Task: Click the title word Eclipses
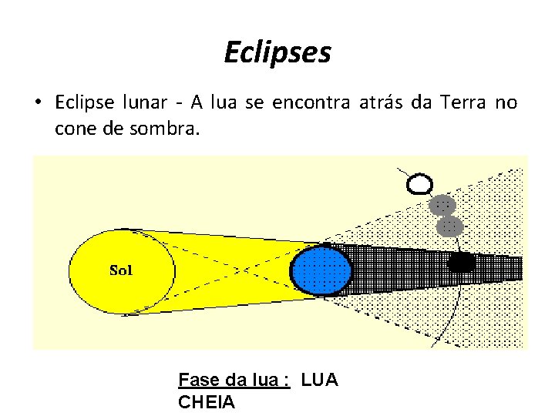click(x=277, y=52)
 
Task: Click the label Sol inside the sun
click(x=122, y=270)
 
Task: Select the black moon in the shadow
click(x=461, y=263)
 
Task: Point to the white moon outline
click(x=420, y=184)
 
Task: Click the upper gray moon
click(x=442, y=206)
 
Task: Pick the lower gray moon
click(x=449, y=226)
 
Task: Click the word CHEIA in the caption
click(x=207, y=401)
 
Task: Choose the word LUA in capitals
click(x=319, y=380)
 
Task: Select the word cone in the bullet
click(x=76, y=129)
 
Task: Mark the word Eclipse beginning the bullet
click(x=86, y=102)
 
